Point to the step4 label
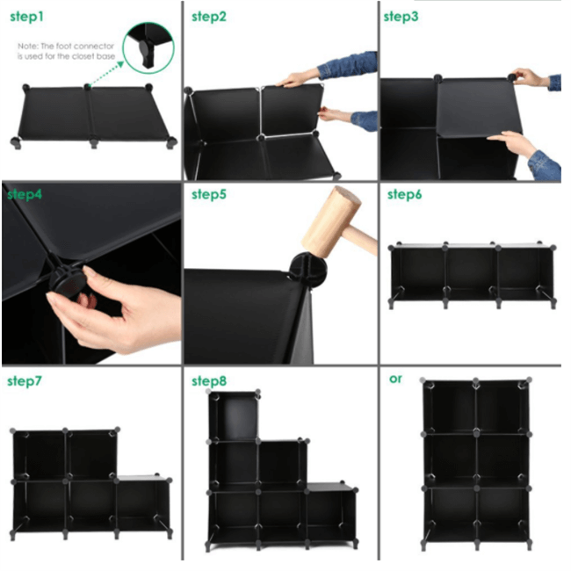point(25,194)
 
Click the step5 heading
point(209,194)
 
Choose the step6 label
point(404,194)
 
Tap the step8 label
point(209,381)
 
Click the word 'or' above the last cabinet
point(395,379)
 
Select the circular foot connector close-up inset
point(148,47)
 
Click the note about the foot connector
point(65,51)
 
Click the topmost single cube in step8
point(234,416)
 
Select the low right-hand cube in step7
point(143,504)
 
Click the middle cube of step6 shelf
point(472,272)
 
